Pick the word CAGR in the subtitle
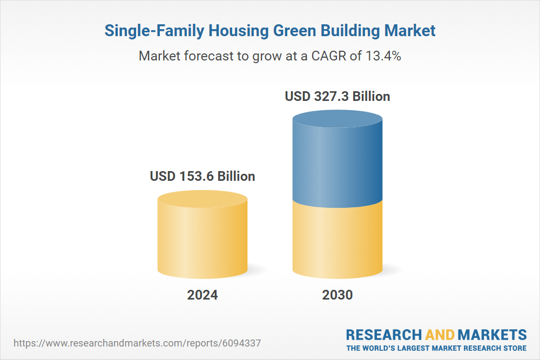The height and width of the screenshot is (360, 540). pyautogui.click(x=330, y=56)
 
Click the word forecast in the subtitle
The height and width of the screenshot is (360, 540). pyautogui.click(x=205, y=56)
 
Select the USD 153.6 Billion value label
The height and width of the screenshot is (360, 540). pyautogui.click(x=202, y=176)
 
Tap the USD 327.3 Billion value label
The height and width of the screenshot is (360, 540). pyautogui.click(x=337, y=97)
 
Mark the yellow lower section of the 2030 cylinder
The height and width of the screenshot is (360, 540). pyautogui.click(x=337, y=240)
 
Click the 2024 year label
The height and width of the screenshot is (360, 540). pyautogui.click(x=202, y=295)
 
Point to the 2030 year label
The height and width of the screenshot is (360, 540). pyautogui.click(x=337, y=295)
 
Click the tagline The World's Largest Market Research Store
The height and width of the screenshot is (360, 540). pyautogui.click(x=436, y=348)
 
